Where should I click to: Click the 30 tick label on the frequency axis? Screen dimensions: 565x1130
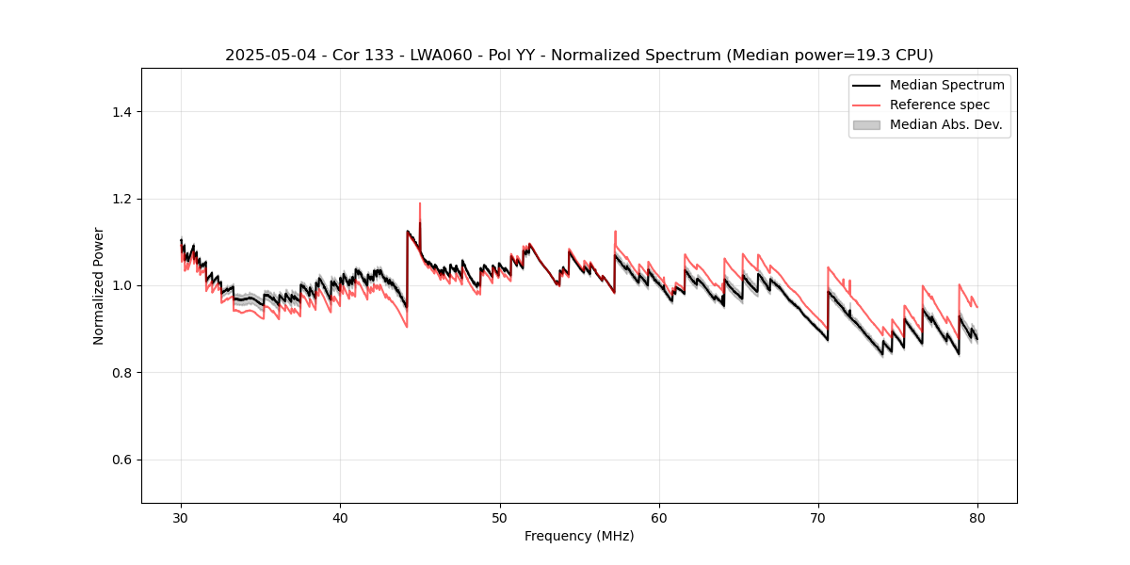pos(181,517)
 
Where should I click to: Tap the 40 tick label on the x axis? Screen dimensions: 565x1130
pos(340,517)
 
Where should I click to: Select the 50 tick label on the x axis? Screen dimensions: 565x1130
pos(500,517)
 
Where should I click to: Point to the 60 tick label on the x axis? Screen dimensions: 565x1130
pos(659,517)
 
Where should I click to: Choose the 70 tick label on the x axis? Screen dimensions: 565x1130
pos(818,517)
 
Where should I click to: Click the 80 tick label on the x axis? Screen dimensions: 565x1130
pos(977,517)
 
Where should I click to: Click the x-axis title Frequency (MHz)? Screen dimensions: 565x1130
pos(579,536)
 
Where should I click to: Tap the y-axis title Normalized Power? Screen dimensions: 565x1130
pos(99,285)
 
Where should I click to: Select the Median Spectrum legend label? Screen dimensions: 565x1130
pos(946,85)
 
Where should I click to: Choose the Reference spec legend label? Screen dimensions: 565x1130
pos(940,105)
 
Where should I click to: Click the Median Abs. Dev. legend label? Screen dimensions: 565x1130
pos(945,124)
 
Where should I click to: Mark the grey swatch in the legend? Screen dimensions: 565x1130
pos(866,124)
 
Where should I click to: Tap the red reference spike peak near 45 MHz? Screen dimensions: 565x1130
pos(420,203)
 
